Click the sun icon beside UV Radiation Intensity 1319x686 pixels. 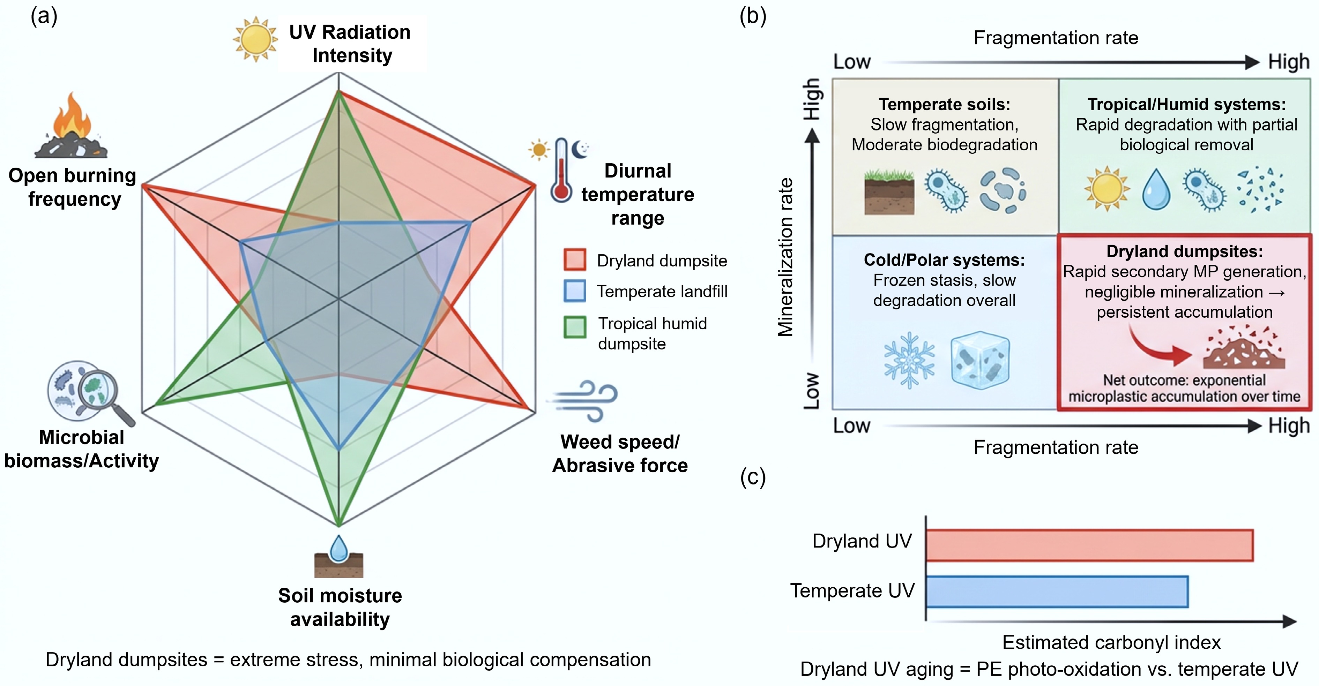tap(255, 39)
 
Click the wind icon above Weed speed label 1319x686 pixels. tap(584, 400)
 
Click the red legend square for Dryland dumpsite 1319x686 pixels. tap(574, 259)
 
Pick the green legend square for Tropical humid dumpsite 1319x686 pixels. tap(574, 327)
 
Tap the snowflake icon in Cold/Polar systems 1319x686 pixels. tap(909, 360)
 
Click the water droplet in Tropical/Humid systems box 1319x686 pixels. tap(1156, 189)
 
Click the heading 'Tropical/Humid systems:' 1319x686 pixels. tap(1186, 104)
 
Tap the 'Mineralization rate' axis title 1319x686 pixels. tap(785, 257)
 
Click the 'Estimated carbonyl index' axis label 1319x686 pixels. tap(1111, 642)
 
